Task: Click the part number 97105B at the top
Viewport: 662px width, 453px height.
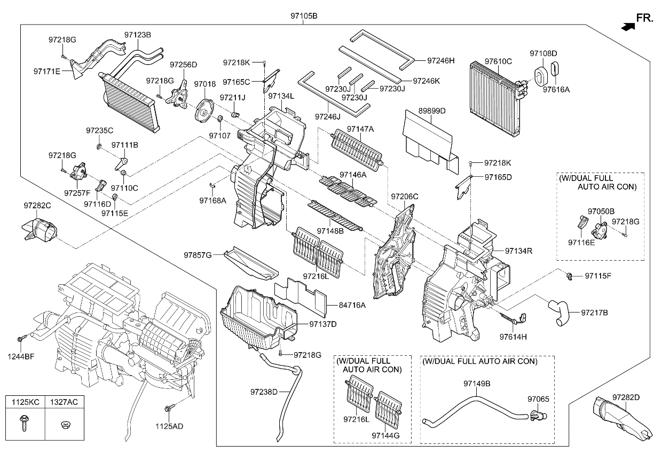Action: click(303, 16)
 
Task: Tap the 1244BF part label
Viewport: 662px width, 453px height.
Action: click(21, 356)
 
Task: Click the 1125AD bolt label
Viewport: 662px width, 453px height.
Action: click(169, 426)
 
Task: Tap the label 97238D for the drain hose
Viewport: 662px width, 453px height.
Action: click(264, 392)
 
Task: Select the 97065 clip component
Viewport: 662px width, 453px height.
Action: click(538, 413)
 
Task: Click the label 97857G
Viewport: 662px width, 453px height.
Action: click(198, 255)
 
